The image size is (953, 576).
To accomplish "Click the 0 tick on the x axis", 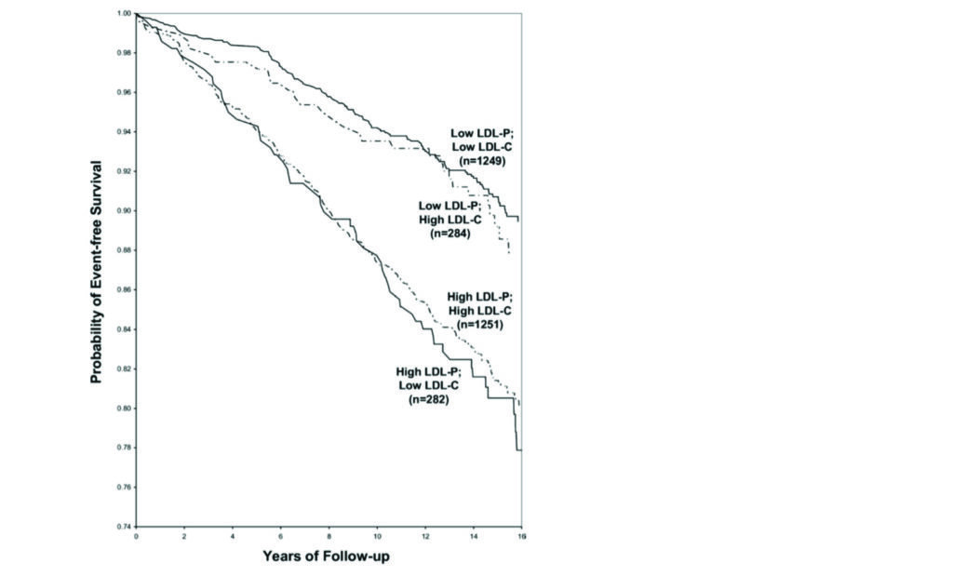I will pyautogui.click(x=136, y=537).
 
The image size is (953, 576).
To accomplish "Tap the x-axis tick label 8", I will pyautogui.click(x=329, y=537).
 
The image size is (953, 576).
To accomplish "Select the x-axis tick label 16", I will pyautogui.click(x=520, y=537).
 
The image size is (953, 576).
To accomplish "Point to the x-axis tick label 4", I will pyautogui.click(x=233, y=537).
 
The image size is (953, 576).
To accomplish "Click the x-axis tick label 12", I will pyautogui.click(x=424, y=537).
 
